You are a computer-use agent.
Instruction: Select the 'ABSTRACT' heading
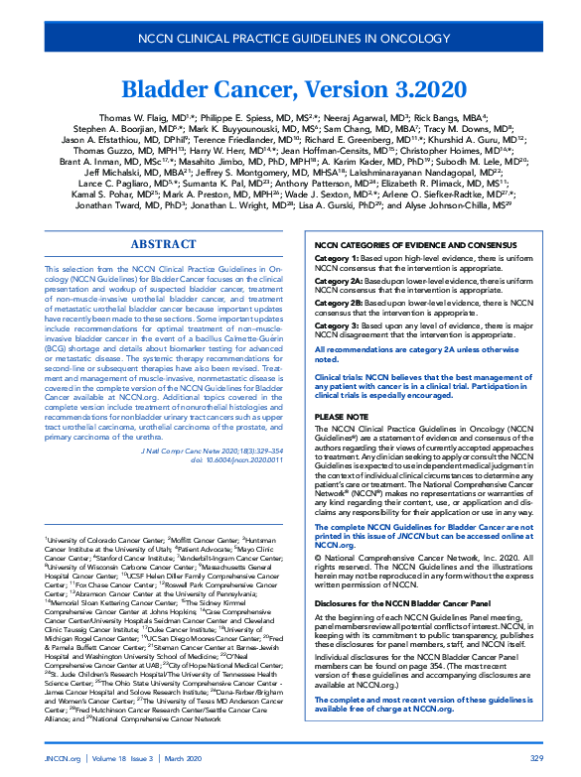[164, 244]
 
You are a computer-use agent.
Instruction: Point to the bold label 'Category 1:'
[336, 257]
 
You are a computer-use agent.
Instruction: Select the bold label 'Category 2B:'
[339, 302]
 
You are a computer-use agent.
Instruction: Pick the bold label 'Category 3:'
[336, 324]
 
